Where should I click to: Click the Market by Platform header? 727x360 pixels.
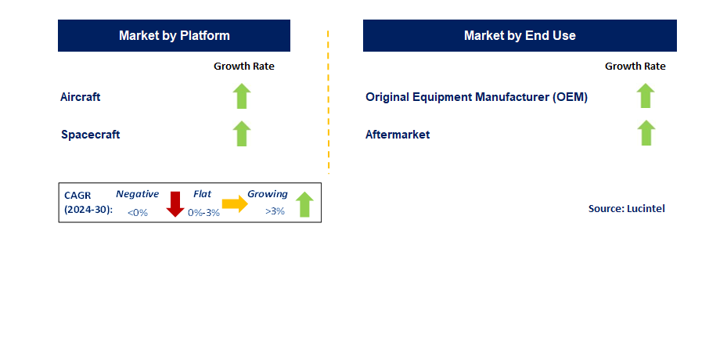click(174, 36)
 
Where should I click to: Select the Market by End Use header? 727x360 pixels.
click(520, 36)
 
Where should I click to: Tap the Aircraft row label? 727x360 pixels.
click(80, 97)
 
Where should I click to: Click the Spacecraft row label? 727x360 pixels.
click(91, 135)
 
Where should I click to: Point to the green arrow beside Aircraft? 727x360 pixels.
click(242, 96)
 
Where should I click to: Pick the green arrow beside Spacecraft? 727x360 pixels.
click(242, 134)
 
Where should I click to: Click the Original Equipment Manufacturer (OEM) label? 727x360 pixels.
click(477, 97)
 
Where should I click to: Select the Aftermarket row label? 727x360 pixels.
click(398, 135)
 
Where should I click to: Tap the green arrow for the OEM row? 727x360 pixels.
click(646, 95)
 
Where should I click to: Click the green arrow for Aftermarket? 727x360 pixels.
click(646, 133)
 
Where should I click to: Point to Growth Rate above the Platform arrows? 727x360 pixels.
click(244, 67)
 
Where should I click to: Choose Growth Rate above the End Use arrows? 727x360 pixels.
click(635, 67)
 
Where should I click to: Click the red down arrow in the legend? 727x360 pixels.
click(175, 204)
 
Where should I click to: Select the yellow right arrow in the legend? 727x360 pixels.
click(235, 204)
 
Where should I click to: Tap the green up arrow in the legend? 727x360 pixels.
click(304, 204)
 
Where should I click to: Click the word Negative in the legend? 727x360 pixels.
click(137, 194)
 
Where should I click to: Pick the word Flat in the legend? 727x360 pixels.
click(203, 194)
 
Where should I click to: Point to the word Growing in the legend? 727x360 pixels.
click(268, 194)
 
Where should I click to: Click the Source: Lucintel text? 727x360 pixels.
click(626, 209)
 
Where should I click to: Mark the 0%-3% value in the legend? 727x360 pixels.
click(204, 212)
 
